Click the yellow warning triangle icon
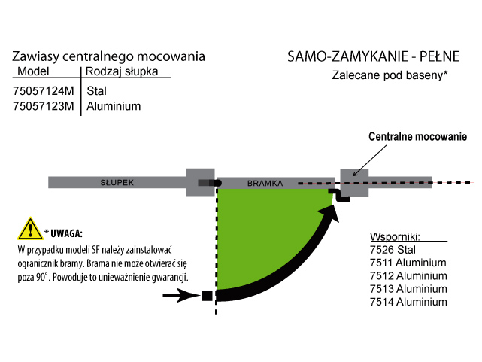pos(30,229)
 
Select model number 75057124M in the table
pos(44,91)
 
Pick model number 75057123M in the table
pos(44,106)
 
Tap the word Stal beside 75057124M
pos(96,91)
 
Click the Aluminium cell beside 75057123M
pos(114,106)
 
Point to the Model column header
pos(33,71)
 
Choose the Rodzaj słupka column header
pos(122,71)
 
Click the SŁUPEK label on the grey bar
pos(117,183)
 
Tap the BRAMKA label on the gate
pos(265,184)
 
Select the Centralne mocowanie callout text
pos(418,136)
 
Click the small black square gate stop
pos(208,296)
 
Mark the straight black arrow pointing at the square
pos(181,296)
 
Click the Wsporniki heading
pos(395,237)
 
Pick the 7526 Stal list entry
pos(393,250)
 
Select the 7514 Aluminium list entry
pos(408,302)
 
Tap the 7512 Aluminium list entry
pos(408,276)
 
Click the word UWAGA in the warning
pos(66,233)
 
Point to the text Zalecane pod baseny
pos(390,75)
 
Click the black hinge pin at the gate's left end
pos(217,184)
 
